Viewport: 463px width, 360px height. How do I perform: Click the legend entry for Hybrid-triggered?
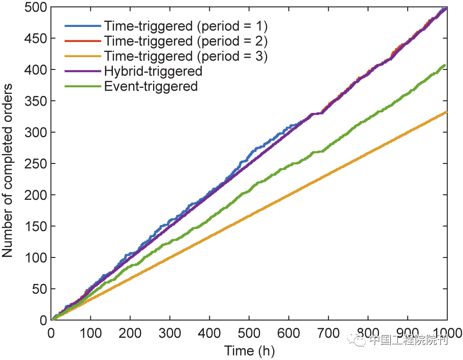click(x=153, y=71)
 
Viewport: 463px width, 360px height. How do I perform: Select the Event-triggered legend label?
click(x=151, y=86)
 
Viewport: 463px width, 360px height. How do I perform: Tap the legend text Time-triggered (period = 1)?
click(x=186, y=25)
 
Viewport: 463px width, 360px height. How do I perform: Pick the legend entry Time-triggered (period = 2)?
click(x=186, y=41)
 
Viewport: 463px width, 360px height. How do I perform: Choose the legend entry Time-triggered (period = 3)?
click(x=186, y=56)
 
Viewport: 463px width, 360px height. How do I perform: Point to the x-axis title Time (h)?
click(x=249, y=351)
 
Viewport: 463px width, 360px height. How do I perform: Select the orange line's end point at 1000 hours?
click(x=446, y=112)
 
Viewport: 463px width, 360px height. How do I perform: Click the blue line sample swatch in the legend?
click(x=83, y=25)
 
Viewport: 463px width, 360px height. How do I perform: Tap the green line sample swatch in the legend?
click(x=83, y=86)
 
